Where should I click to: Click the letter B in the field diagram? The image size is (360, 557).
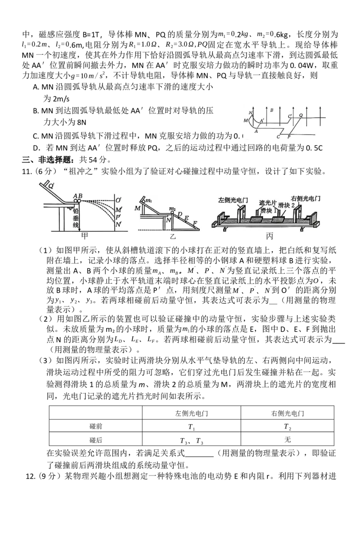[x=271, y=109]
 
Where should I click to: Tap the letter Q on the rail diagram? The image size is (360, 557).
[x=301, y=115]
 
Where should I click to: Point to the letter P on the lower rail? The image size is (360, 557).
[x=289, y=136]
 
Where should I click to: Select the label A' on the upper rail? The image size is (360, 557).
[x=262, y=121]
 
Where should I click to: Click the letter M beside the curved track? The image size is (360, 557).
[x=246, y=120]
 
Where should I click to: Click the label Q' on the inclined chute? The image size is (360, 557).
[x=51, y=186]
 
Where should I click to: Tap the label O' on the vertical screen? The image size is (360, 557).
[x=118, y=200]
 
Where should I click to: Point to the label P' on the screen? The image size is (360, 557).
[x=118, y=217]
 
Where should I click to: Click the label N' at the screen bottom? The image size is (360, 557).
[x=118, y=224]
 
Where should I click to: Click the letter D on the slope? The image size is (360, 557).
[x=180, y=214]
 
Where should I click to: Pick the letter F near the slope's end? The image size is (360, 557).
[x=194, y=223]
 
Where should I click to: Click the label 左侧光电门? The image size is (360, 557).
[x=233, y=199]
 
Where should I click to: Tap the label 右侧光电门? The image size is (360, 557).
[x=302, y=198]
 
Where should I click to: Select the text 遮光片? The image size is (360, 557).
[x=267, y=203]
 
